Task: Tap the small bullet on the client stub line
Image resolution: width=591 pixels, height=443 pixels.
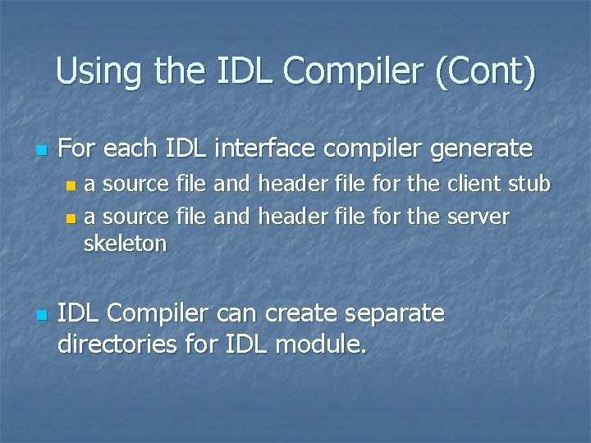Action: (71, 188)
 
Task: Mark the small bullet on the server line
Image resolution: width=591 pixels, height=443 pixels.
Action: (71, 218)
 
